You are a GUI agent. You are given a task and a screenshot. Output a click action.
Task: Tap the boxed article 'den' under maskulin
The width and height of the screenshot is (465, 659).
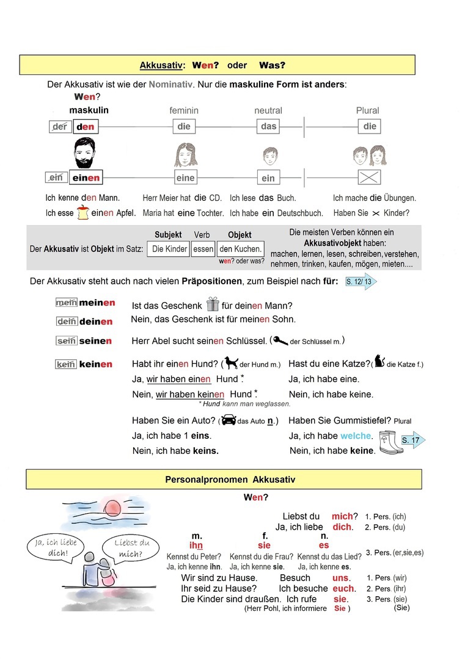pos(85,127)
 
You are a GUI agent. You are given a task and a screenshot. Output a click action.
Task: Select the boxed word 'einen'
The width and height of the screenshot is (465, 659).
pos(86,178)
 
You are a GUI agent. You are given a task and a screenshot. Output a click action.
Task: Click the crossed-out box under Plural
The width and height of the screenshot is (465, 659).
pos(370,178)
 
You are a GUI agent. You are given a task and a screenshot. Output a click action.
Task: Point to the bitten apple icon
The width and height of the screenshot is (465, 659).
pos(83,212)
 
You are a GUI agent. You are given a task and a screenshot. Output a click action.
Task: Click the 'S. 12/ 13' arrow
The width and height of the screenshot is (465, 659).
pos(360,281)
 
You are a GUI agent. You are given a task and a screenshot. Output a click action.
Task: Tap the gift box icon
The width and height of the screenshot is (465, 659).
pos(213,304)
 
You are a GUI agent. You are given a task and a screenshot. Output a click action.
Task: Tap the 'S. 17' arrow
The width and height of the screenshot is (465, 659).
pos(413,439)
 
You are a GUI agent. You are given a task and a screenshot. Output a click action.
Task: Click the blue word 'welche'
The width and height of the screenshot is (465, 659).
pos(356,436)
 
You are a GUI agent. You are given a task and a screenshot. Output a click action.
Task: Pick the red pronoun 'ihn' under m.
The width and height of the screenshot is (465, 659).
pos(196,545)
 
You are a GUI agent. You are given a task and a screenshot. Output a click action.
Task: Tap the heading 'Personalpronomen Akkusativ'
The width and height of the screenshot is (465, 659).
pos(230,480)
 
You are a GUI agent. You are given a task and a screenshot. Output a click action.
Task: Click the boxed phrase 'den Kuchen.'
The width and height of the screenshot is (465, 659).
pos(241,248)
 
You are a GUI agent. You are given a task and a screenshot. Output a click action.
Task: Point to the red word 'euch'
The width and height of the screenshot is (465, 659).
pos(343,588)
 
